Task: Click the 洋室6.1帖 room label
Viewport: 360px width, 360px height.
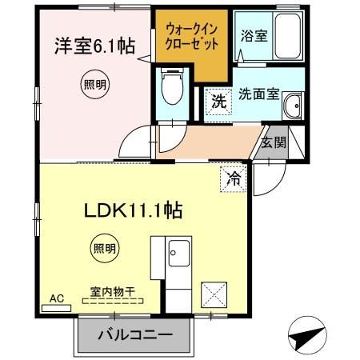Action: pyautogui.click(x=93, y=46)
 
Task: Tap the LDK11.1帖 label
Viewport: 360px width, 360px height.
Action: pyautogui.click(x=134, y=210)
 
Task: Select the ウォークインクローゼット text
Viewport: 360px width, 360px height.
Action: pyautogui.click(x=192, y=37)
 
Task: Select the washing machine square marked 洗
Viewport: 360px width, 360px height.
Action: pyautogui.click(x=218, y=102)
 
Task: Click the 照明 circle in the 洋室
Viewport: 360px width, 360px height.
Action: pyautogui.click(x=94, y=82)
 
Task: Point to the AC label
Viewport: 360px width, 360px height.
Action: pyautogui.click(x=57, y=298)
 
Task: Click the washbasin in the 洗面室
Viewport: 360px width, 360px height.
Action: pyautogui.click(x=294, y=105)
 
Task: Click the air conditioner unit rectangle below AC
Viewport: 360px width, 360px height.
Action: pyautogui.click(x=57, y=307)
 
